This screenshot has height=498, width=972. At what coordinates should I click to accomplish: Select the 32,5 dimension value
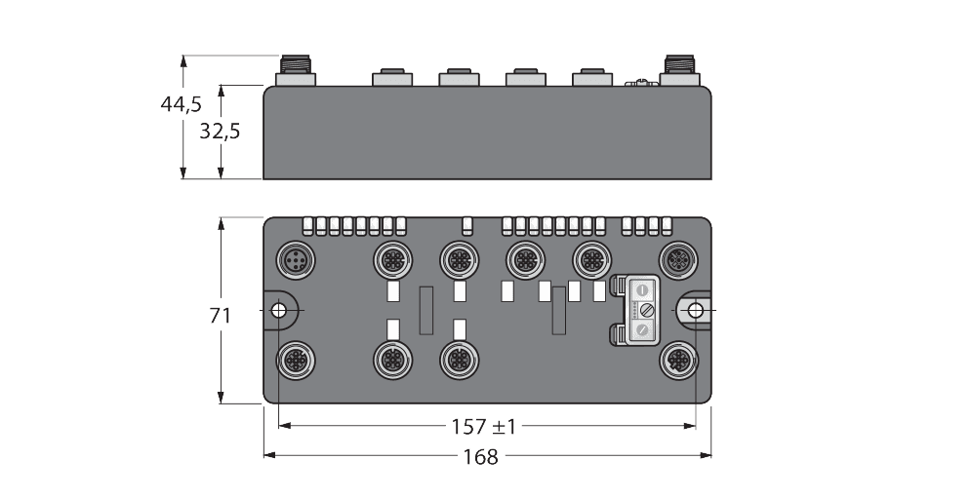coord(219,132)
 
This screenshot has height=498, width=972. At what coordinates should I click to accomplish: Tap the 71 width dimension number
coord(222,316)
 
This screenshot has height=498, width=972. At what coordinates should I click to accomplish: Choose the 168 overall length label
coord(481,456)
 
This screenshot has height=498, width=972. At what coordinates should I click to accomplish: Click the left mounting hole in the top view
coord(278,310)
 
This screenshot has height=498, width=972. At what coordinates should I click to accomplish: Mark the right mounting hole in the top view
coord(694,310)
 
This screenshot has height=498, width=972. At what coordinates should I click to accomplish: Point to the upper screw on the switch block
coord(643,289)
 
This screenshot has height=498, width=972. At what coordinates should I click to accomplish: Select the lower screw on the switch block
coord(643,330)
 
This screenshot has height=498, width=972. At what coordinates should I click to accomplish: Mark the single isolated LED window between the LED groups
coord(467,227)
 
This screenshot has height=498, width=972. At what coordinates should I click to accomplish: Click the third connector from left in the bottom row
coord(455,360)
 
